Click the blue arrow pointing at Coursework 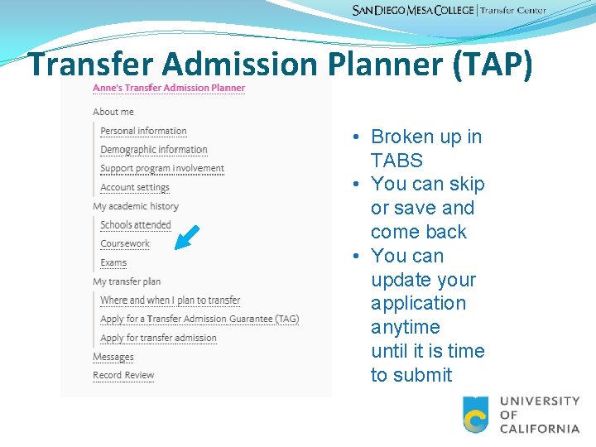point(188,237)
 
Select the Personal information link point(143,131)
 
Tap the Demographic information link point(153,150)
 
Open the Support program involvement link point(162,169)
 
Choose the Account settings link point(134,188)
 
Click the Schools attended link point(135,225)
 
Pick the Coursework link point(125,244)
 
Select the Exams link point(113,263)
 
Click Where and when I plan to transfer point(170,300)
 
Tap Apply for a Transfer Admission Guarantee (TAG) point(199,319)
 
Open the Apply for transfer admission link point(158,338)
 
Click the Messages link point(113,357)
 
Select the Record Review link point(123,376)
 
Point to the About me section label point(113,112)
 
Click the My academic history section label point(136,206)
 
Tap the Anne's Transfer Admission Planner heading point(169,88)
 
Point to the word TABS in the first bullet point(397,161)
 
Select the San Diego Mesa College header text point(413,11)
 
